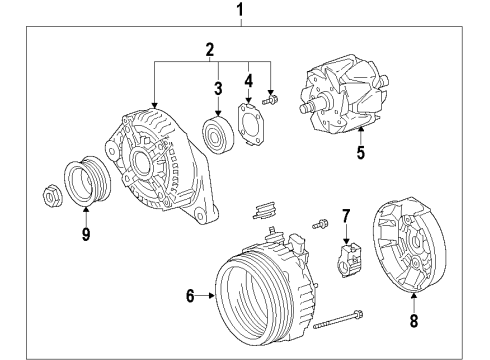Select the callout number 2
pyautogui.click(x=210, y=49)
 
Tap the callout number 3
pyautogui.click(x=216, y=89)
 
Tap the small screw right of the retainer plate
pyautogui.click(x=271, y=100)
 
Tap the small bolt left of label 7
pyautogui.click(x=319, y=223)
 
